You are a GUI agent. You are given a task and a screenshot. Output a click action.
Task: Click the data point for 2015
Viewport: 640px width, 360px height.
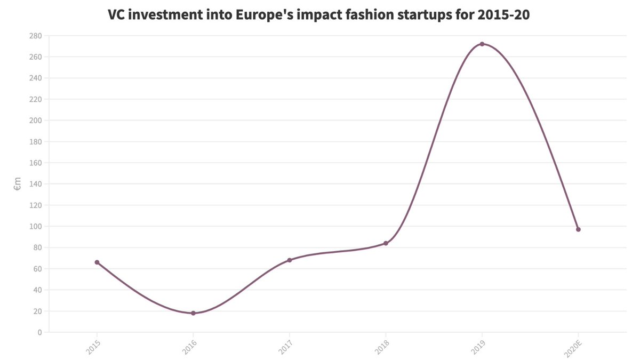[97, 262]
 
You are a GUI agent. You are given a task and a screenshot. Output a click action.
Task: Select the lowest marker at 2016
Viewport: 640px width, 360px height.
[193, 313]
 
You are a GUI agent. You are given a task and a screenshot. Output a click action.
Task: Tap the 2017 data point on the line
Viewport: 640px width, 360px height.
[290, 260]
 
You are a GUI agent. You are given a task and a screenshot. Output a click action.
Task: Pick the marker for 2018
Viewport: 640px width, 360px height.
[386, 243]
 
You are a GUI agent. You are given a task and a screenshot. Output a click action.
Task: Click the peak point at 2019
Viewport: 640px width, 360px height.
[482, 44]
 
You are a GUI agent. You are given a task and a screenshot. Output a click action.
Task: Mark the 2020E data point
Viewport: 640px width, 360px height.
[578, 229]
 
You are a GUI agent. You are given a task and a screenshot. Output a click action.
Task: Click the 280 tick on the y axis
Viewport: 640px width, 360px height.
[36, 36]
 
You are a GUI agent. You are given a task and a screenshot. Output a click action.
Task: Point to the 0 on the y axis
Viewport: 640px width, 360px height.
[39, 332]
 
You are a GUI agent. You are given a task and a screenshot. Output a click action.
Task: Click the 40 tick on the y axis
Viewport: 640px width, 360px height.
[37, 290]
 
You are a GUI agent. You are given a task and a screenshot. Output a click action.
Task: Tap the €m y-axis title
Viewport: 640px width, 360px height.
[17, 184]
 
